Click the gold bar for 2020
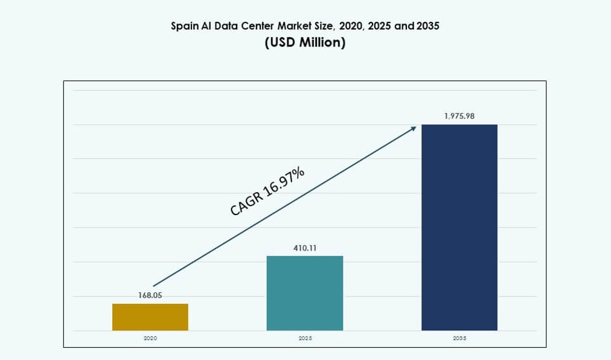coord(150,317)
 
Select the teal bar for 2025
coord(304,293)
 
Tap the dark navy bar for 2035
coord(459,227)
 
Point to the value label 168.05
coord(150,295)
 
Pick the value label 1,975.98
coord(459,116)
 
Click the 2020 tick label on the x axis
coord(150,338)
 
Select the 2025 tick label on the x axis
coord(304,338)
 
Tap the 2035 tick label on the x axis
coord(459,338)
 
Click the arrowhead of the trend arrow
coord(414,128)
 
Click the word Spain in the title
coord(184,27)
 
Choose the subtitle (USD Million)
coord(305,43)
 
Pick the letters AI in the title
coord(209,27)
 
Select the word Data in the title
coord(230,27)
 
